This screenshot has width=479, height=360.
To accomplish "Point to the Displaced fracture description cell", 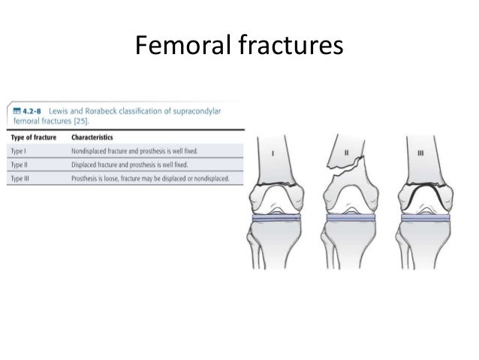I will point(128,165).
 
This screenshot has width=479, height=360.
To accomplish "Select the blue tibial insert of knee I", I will point(276,217).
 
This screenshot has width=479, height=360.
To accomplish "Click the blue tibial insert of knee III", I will point(426,217).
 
